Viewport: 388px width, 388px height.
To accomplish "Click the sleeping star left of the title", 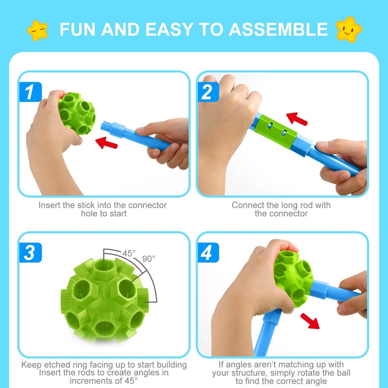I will (38, 30).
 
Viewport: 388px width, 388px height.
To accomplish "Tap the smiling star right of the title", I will (349, 29).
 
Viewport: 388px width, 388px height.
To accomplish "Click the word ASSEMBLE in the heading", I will (278, 30).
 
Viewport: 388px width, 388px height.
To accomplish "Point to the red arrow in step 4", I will (310, 321).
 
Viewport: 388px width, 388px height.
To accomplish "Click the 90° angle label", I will (149, 259).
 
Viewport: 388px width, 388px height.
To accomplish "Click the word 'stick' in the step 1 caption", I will (72, 205).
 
